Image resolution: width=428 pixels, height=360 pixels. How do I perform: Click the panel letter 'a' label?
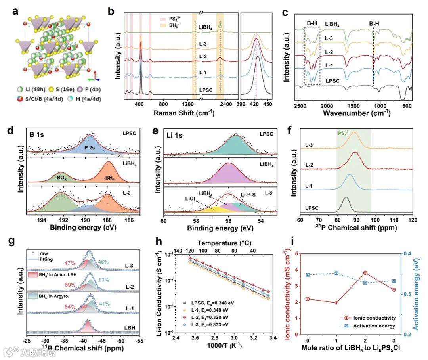click(x=15, y=11)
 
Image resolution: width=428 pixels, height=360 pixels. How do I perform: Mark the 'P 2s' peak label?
click(x=90, y=147)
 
